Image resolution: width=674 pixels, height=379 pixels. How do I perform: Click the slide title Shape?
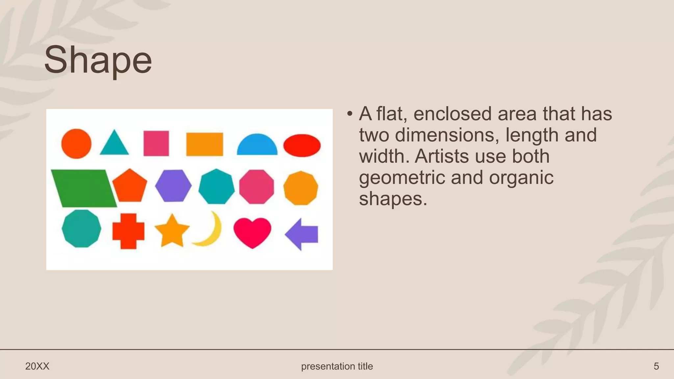tap(98, 60)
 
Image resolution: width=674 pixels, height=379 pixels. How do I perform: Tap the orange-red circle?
tap(76, 144)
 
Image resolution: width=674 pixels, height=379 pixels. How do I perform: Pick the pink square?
tap(156, 143)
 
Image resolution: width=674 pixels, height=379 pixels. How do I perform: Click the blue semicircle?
tap(257, 146)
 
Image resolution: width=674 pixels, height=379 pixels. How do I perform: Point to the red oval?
tap(302, 145)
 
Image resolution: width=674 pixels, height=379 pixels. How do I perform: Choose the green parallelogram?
tap(84, 189)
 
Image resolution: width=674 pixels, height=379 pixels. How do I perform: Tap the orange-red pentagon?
tap(130, 186)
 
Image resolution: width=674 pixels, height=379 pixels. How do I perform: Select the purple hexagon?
tap(173, 186)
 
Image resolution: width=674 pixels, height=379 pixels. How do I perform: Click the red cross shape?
tap(128, 231)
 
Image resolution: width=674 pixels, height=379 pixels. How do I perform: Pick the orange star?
tap(172, 231)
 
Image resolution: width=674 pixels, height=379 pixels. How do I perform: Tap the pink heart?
tap(252, 231)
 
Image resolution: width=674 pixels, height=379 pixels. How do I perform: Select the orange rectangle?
tap(204, 144)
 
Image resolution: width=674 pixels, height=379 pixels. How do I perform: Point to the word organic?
tap(521, 177)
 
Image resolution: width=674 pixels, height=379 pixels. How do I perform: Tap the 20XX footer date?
tap(37, 366)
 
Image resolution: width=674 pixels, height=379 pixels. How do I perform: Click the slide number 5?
tap(656, 366)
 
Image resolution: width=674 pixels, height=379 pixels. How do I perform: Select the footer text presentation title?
tap(337, 366)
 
